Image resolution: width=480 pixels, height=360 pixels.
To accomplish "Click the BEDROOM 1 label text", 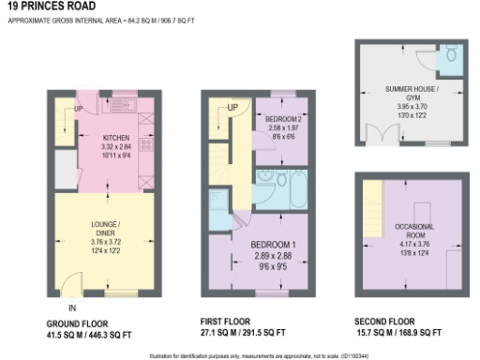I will point(274,244).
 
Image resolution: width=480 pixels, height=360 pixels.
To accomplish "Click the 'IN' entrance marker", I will point(71,306).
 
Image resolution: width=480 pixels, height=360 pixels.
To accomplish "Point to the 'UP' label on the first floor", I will point(232,109).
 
